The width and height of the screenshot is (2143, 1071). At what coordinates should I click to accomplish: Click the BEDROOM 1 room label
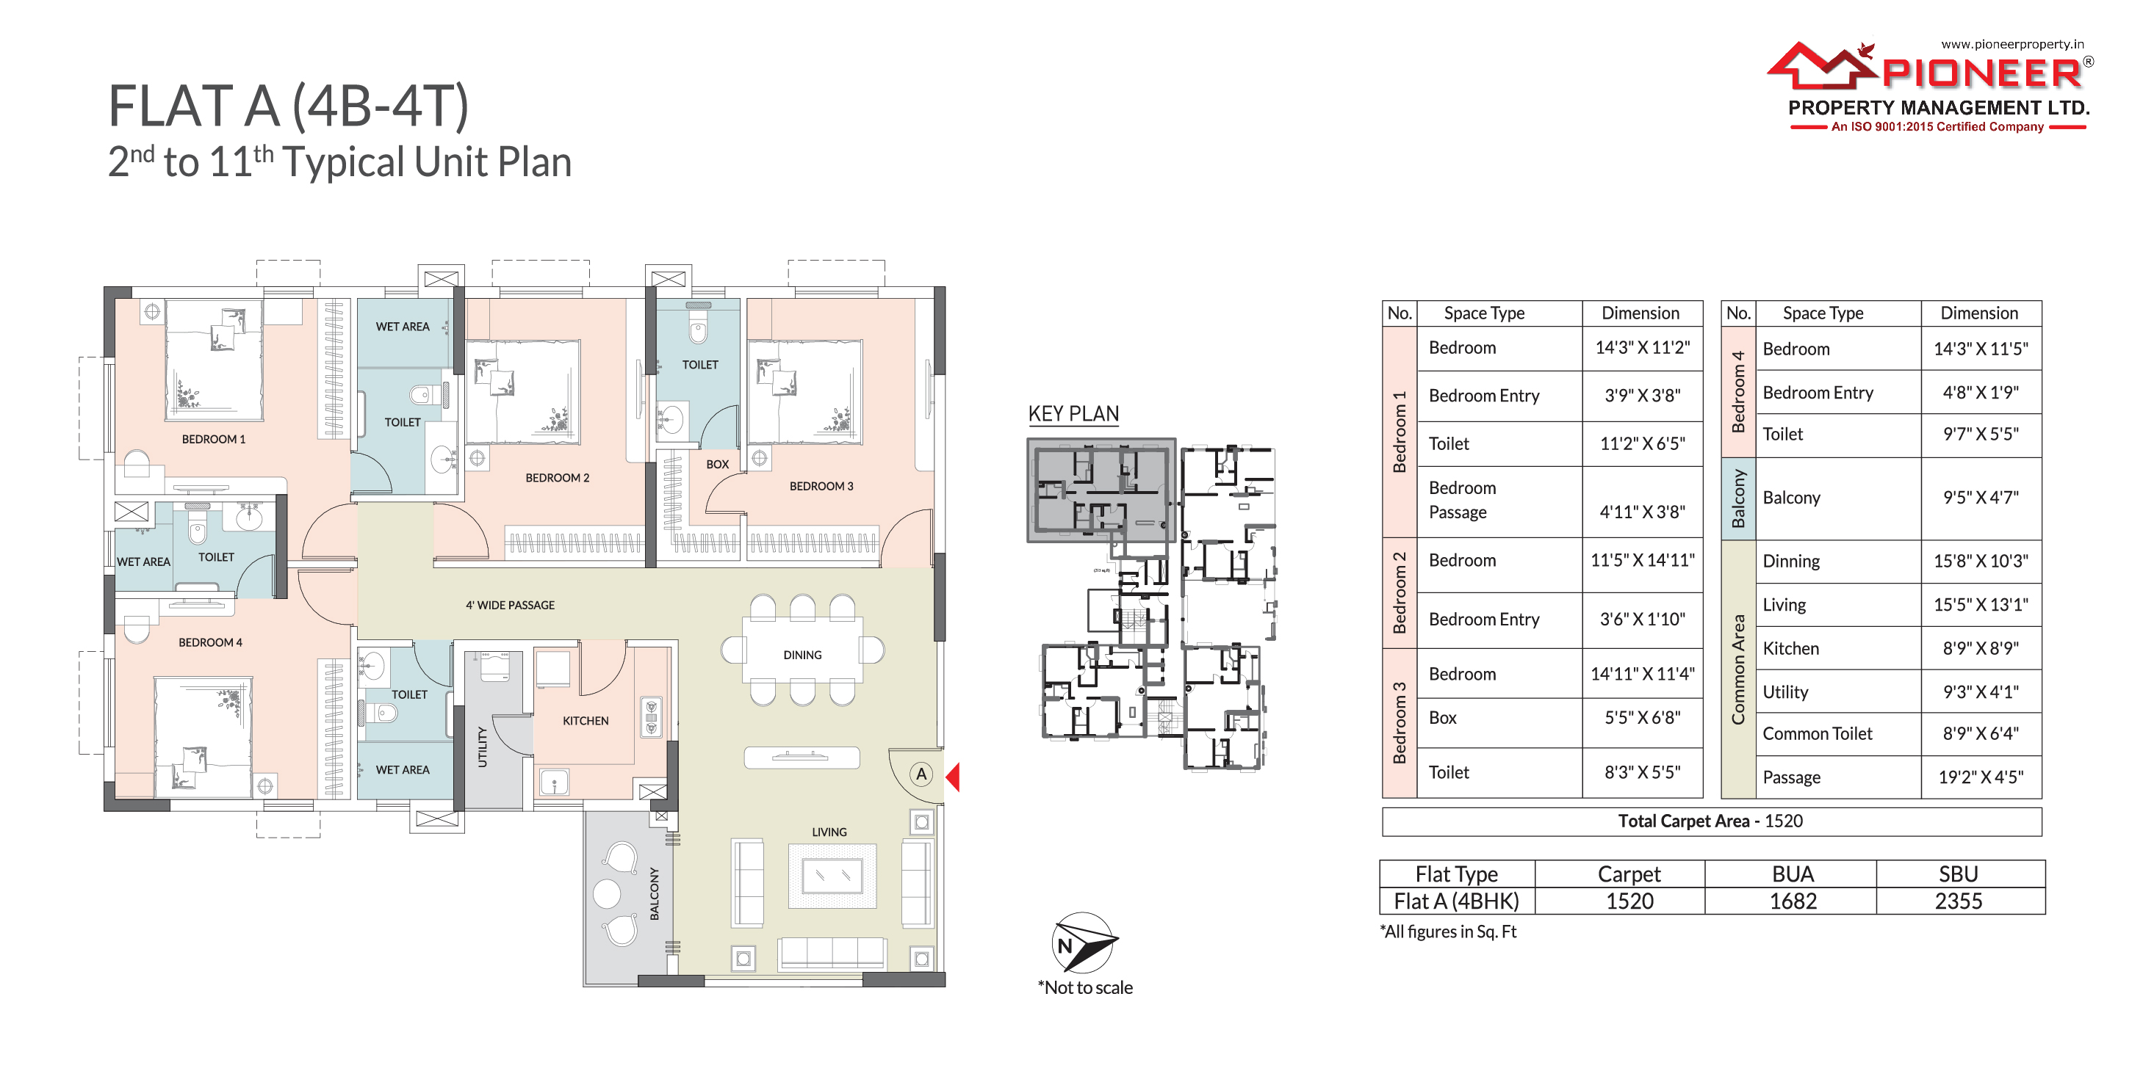(x=214, y=439)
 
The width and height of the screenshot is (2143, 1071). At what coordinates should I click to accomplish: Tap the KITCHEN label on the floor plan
(x=586, y=721)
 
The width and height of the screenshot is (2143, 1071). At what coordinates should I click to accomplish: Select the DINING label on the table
(x=802, y=656)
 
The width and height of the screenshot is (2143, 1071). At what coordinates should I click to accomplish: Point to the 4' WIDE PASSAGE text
(x=510, y=606)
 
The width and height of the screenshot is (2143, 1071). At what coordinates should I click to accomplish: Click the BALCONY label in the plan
(x=655, y=894)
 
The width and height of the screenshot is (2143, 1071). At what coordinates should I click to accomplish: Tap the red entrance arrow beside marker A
(x=954, y=777)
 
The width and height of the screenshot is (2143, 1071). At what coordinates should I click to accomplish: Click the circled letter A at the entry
(x=921, y=774)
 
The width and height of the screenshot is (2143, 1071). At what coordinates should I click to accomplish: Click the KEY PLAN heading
(x=1073, y=414)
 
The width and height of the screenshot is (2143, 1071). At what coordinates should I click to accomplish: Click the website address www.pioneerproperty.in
(x=2012, y=44)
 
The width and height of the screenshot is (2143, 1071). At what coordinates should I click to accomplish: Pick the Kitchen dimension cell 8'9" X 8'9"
(x=1981, y=649)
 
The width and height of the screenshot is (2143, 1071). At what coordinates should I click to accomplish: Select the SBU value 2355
(x=1959, y=901)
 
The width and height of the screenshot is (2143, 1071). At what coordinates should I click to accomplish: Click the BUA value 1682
(x=1793, y=901)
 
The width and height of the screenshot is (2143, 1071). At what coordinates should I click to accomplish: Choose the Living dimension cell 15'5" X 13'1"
(x=1981, y=605)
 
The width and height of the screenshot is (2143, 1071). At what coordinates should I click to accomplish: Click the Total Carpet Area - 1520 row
(x=1710, y=821)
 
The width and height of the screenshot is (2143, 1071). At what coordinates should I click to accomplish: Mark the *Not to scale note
(x=1085, y=988)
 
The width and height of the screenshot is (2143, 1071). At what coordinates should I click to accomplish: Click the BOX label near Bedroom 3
(x=717, y=465)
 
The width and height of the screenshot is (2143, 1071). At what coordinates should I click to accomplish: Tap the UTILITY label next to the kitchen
(x=482, y=747)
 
